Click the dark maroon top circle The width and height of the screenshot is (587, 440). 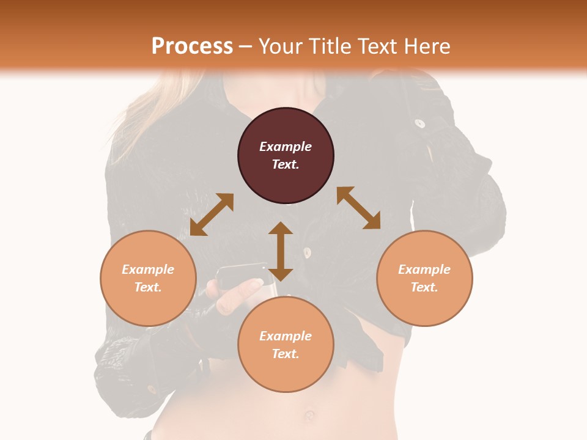pyautogui.click(x=286, y=156)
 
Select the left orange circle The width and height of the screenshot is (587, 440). pyautogui.click(x=148, y=278)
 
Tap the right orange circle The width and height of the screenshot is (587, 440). pyautogui.click(x=424, y=278)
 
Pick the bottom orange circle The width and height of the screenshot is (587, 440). pyautogui.click(x=286, y=344)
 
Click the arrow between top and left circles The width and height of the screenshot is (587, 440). pyautogui.click(x=212, y=215)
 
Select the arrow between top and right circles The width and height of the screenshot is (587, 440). pyautogui.click(x=359, y=208)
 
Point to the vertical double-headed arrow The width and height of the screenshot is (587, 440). pyautogui.click(x=281, y=251)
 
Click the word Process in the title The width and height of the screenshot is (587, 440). pyautogui.click(x=192, y=46)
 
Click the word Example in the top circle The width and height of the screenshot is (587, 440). pyautogui.click(x=286, y=147)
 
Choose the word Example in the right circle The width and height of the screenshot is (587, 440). pyautogui.click(x=424, y=269)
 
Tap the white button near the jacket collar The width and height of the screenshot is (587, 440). pyautogui.click(x=419, y=123)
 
